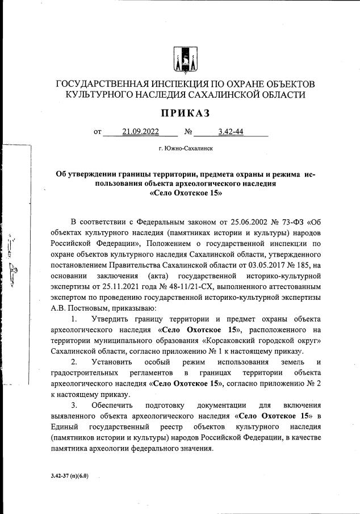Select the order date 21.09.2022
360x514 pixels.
click(141, 132)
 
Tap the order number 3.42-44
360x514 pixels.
click(231, 132)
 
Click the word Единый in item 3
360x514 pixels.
click(65, 427)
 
